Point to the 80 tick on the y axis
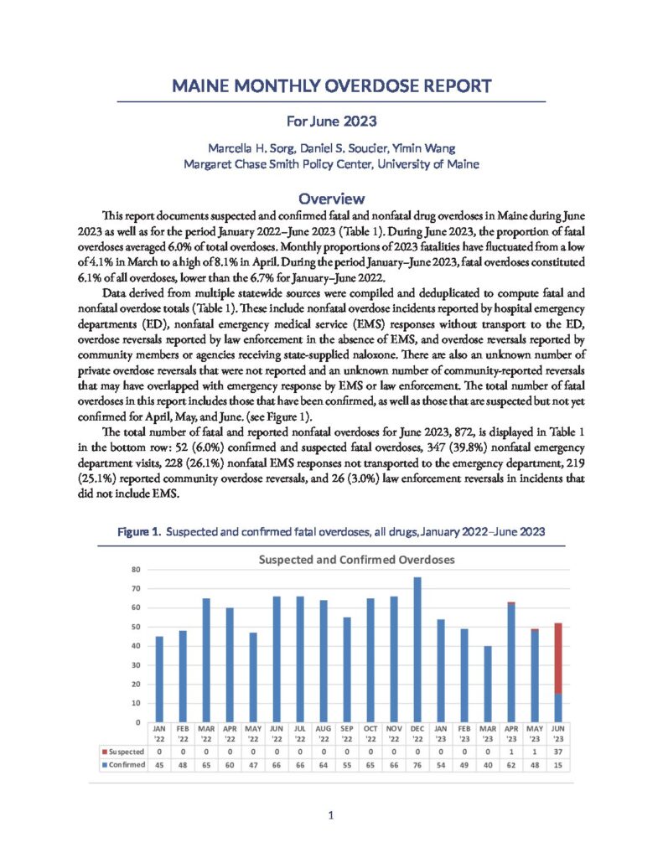136,570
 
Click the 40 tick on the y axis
136,646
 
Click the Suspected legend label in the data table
122,752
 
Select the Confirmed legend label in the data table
122,764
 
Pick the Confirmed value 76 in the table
417,764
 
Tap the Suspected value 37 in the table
557,752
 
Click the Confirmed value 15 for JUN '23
557,764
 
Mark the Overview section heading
331,199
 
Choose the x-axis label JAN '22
159,734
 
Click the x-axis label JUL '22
300,734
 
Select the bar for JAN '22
159,680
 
